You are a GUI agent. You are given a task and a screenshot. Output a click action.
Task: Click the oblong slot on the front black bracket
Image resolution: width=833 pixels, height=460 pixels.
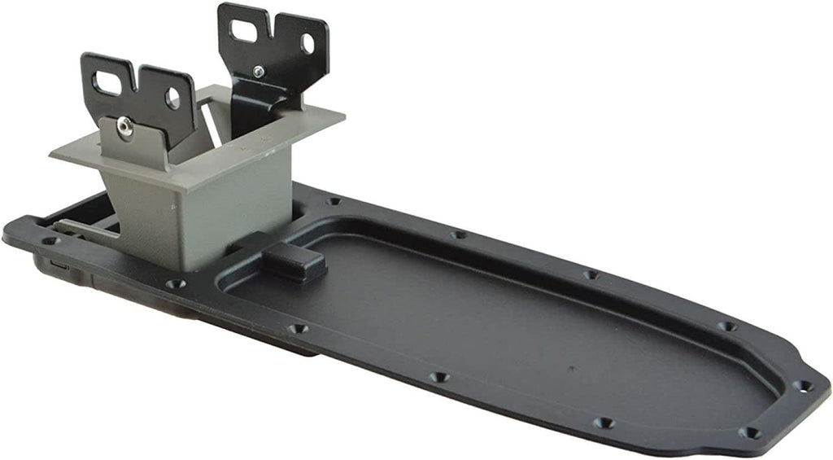pos(106,82)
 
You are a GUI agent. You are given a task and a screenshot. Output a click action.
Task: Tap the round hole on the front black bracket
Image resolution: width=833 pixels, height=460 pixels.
pos(172,99)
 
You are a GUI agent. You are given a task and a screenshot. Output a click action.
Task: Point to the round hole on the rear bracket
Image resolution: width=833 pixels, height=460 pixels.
pos(307,43)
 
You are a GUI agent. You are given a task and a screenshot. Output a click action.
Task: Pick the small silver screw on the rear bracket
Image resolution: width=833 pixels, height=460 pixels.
pos(259,72)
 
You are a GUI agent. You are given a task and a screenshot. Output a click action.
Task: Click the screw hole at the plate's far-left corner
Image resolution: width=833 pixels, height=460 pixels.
pos(46,240)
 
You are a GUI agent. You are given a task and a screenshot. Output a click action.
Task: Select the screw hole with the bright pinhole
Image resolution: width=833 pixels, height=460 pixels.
pos(803,385)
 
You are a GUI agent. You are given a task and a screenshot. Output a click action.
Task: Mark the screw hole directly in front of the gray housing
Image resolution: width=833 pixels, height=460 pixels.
pos(175,285)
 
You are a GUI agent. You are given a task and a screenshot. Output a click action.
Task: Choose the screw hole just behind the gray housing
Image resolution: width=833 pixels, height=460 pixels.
pos(332,200)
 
